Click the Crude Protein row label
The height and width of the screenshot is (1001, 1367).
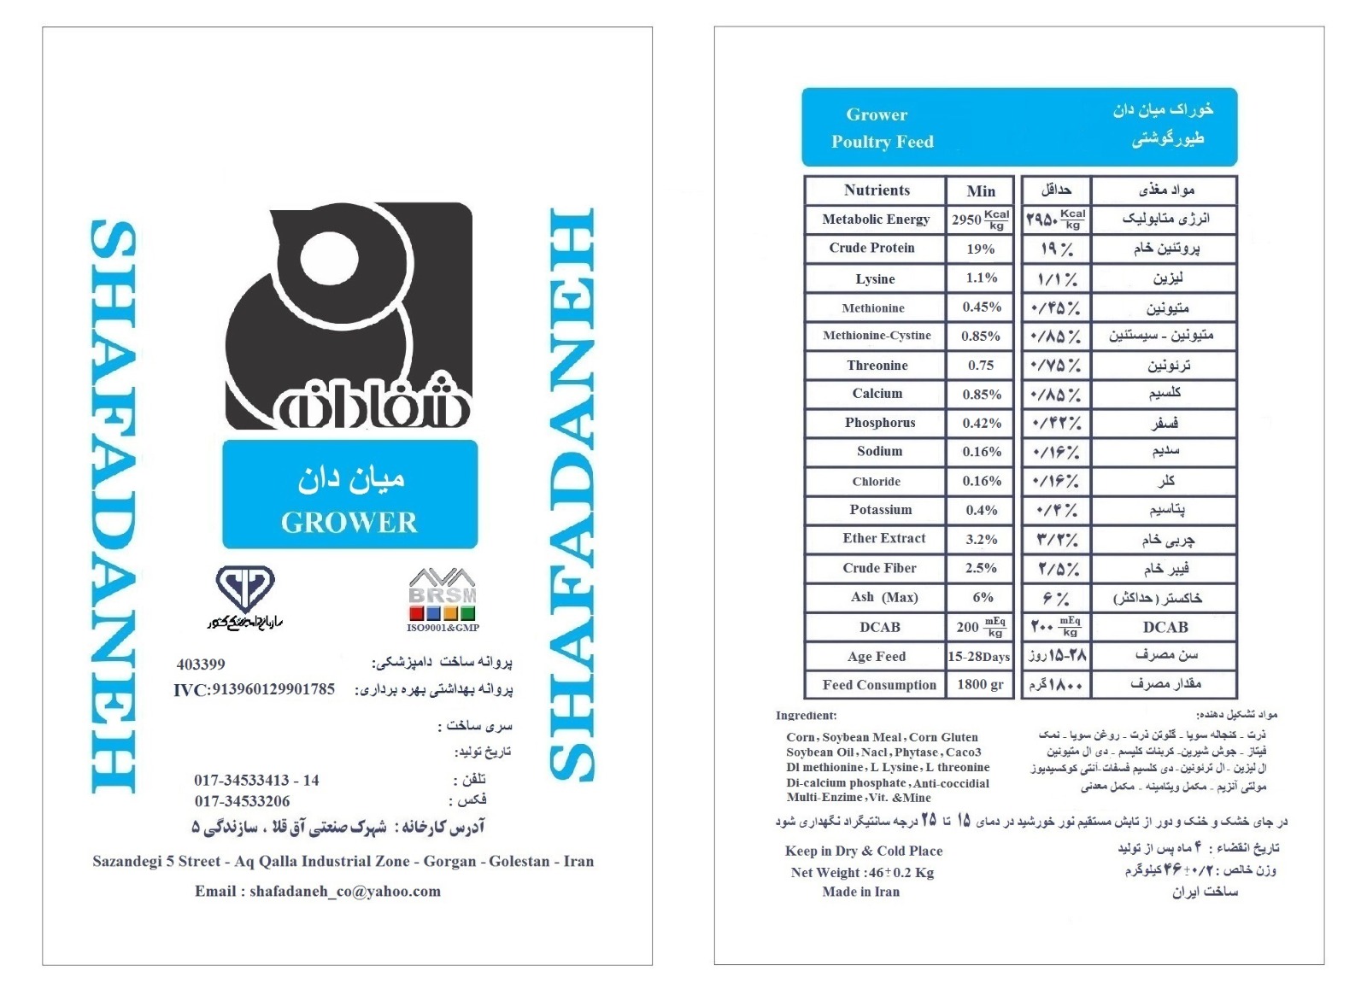point(871,248)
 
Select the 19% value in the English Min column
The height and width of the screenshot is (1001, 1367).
point(980,249)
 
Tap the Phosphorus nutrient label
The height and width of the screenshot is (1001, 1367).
point(879,423)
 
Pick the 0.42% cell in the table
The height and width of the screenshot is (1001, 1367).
point(981,423)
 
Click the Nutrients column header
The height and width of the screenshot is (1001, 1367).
point(877,190)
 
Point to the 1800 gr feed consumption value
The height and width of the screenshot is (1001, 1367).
point(980,684)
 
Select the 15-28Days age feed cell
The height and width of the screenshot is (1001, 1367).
point(979,657)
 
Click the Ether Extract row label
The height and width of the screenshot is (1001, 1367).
point(883,538)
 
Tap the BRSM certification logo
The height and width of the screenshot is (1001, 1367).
point(443,596)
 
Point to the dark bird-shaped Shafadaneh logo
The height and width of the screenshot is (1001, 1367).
point(349,316)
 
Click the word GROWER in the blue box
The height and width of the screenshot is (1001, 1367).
point(349,522)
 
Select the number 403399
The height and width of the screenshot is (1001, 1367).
point(201,664)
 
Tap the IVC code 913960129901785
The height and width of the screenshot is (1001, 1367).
point(254,689)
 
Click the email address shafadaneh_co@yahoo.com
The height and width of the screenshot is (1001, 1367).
point(345,891)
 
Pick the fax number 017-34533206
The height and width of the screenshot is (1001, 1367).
point(242,801)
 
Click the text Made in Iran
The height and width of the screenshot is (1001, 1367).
point(860,892)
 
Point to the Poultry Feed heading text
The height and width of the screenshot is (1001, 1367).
point(883,142)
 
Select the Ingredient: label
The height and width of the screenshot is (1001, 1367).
point(806,716)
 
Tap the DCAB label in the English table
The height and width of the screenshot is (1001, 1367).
point(879,627)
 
